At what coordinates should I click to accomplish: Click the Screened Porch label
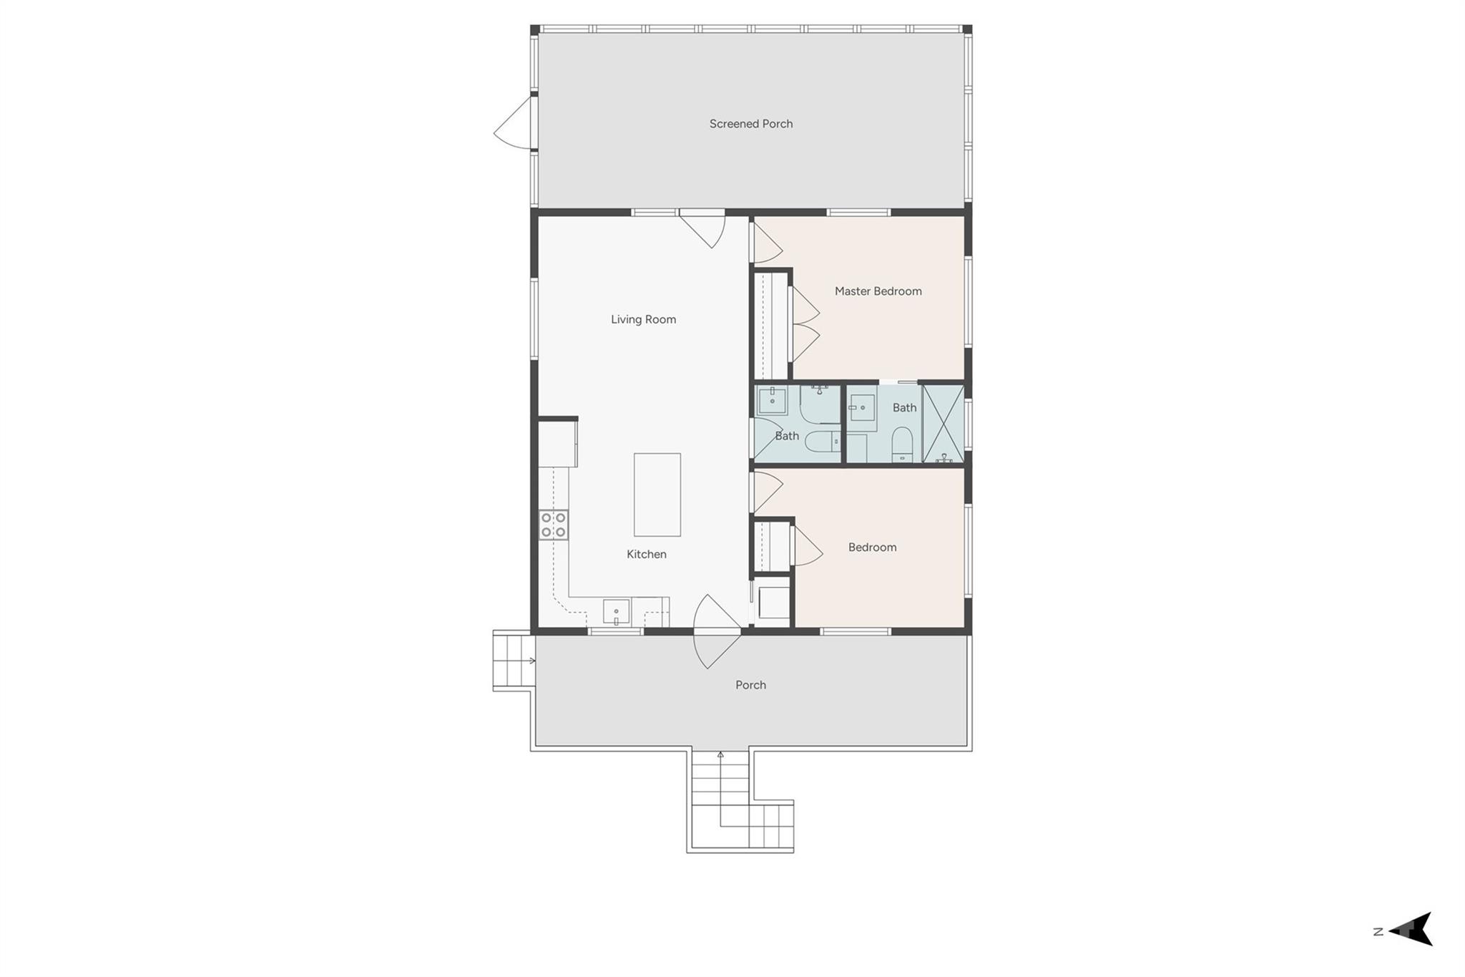click(x=750, y=124)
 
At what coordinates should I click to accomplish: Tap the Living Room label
click(x=643, y=319)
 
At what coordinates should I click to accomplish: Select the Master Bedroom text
click(x=878, y=291)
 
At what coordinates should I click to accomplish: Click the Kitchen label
click(x=646, y=554)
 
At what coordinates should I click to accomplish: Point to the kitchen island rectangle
click(x=657, y=495)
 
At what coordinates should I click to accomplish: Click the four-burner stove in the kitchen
click(x=554, y=525)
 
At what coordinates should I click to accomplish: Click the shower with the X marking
click(x=943, y=424)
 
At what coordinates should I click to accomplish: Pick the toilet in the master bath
click(x=902, y=444)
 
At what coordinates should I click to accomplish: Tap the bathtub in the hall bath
click(x=820, y=404)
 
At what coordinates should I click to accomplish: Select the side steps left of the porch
click(x=513, y=660)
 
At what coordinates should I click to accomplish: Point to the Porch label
click(x=750, y=685)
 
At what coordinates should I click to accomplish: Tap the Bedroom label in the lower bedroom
click(x=872, y=548)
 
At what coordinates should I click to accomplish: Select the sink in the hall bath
click(x=772, y=401)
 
